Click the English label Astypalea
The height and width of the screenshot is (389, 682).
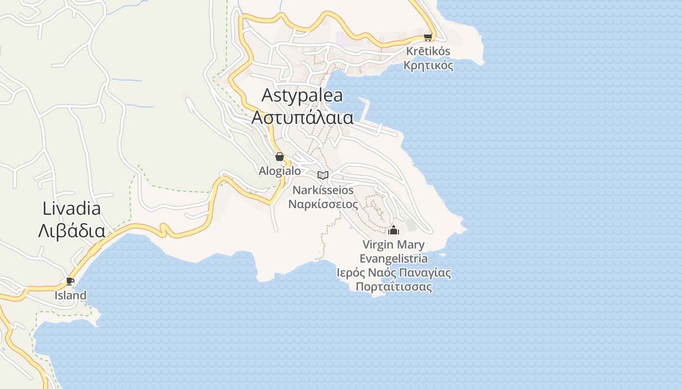302,95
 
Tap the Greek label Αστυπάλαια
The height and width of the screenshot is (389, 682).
302,117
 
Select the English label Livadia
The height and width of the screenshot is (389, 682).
72,209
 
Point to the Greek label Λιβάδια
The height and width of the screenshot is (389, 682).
72,230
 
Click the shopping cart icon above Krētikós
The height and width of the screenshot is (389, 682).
428,37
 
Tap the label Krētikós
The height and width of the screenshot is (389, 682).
428,51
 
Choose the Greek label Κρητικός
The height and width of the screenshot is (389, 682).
428,66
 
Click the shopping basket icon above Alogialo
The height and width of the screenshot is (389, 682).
280,157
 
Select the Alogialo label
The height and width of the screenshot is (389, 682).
280,171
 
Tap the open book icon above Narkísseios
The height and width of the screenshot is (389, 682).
323,175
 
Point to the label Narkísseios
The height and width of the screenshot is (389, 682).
323,190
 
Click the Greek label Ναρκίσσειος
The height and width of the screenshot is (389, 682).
323,204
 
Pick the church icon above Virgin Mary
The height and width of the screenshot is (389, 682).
394,230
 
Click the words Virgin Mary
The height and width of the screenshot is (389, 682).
394,245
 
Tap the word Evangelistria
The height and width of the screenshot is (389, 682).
394,259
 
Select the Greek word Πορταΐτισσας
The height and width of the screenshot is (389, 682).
394,287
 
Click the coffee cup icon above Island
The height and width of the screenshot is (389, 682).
70,281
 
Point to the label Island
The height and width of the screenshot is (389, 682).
70,295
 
